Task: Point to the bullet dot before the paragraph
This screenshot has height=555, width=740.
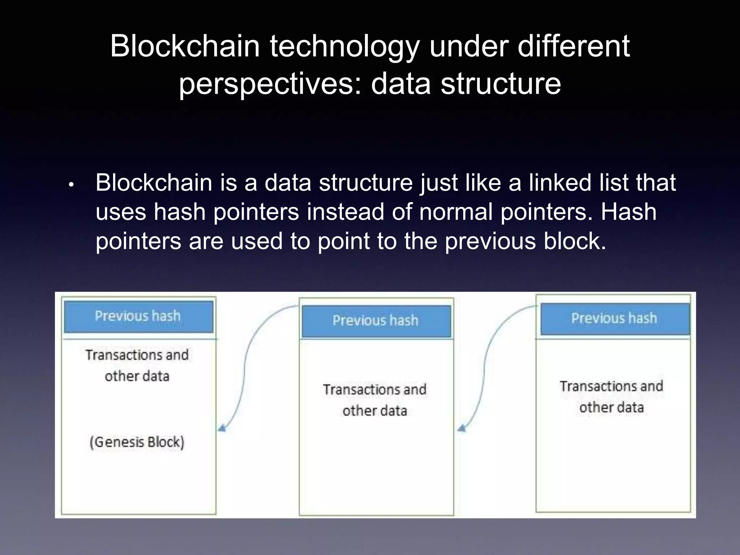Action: [x=71, y=185]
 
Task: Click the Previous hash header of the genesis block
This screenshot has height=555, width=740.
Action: [x=138, y=317]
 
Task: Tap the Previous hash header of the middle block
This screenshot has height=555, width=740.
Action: [x=376, y=321]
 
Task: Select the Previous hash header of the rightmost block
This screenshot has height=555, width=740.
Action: [x=614, y=319]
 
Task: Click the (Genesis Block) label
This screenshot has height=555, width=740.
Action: [x=137, y=442]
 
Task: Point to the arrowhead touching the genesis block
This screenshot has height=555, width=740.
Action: [x=221, y=429]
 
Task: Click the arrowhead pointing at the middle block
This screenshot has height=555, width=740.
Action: [x=461, y=429]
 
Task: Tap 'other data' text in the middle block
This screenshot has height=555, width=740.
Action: [x=375, y=411]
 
